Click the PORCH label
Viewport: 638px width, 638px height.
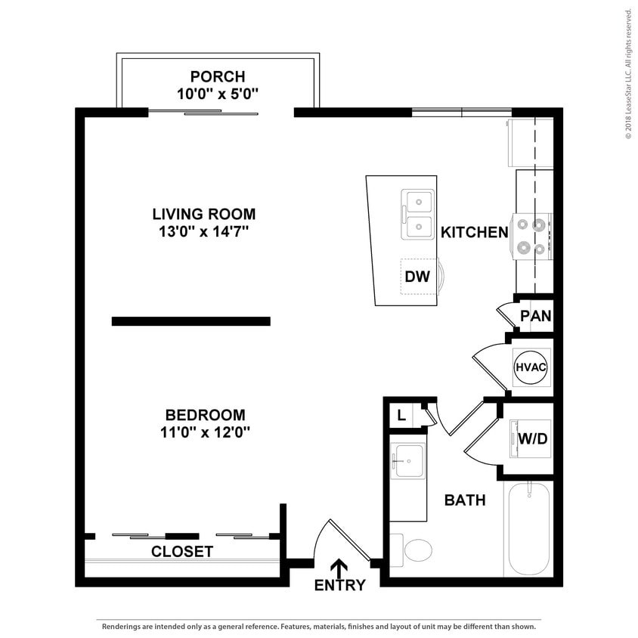point(218,76)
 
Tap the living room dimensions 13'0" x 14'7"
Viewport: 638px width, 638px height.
point(203,232)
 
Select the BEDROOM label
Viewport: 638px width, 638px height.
point(205,415)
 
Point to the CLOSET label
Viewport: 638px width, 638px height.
point(182,552)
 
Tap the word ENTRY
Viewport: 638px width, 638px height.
point(339,585)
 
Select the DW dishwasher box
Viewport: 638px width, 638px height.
point(417,277)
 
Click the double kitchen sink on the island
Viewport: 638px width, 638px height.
point(417,214)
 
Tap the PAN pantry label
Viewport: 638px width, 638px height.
point(536,316)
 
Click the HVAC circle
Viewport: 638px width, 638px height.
point(531,367)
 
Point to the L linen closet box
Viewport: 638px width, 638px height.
point(401,415)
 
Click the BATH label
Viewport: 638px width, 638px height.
point(464,500)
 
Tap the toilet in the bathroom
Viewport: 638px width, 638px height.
point(413,550)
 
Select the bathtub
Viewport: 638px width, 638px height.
point(528,528)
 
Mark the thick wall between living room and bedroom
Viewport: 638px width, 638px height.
point(190,321)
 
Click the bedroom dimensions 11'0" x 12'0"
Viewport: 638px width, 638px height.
point(205,432)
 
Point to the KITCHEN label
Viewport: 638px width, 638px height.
point(475,232)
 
